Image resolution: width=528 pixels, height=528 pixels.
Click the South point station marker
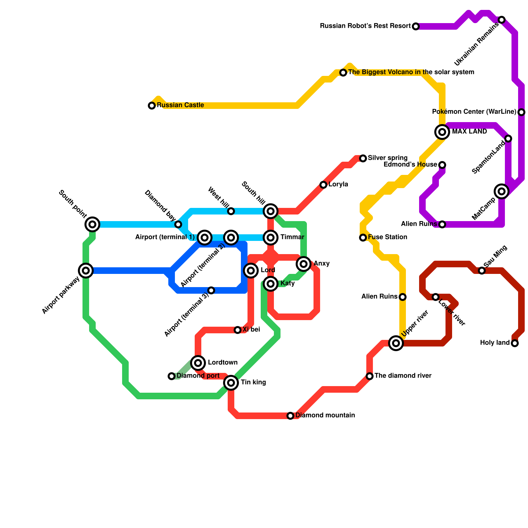click(92, 224)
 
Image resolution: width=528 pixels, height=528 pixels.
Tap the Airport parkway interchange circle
click(86, 271)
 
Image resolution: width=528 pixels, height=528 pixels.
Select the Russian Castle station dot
click(152, 106)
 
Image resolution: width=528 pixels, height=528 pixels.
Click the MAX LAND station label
click(469, 132)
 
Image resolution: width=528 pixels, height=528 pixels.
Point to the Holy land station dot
click(515, 343)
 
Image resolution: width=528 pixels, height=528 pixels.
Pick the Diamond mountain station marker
click(290, 416)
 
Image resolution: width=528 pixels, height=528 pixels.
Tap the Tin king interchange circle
click(231, 383)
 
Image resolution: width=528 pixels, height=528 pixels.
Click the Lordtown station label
click(223, 363)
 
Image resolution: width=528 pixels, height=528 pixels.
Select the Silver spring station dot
click(363, 158)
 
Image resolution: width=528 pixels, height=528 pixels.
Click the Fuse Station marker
click(363, 238)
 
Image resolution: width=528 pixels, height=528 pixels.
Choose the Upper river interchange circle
click(396, 343)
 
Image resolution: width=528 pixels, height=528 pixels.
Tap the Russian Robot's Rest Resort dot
click(416, 26)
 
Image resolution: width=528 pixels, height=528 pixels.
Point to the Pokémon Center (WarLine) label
click(474, 112)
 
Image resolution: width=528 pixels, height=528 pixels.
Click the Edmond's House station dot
click(442, 165)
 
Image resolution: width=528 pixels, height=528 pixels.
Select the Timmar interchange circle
click(271, 238)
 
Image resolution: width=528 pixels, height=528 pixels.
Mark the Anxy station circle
click(304, 264)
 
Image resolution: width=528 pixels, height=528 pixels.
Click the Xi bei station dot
click(238, 330)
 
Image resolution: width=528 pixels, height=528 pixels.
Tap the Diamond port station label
click(198, 376)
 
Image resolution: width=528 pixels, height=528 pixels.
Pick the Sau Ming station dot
click(482, 271)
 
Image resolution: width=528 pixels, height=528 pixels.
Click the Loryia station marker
click(323, 185)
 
